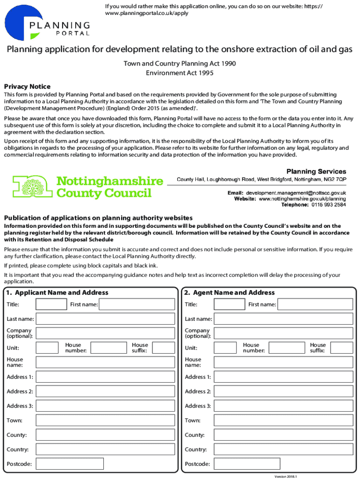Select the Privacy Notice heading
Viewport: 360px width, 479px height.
tap(27, 87)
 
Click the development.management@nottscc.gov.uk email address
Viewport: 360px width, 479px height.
tap(295, 193)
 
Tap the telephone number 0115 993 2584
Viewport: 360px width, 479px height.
tap(329, 205)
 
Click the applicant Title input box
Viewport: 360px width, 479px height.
tap(51, 305)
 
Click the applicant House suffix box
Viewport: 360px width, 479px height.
tap(163, 348)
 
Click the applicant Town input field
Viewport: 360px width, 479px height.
tap(105, 421)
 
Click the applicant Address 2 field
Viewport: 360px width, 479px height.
tap(105, 392)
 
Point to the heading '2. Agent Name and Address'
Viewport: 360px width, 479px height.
tap(229, 292)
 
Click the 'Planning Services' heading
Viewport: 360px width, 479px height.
tap(316, 172)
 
